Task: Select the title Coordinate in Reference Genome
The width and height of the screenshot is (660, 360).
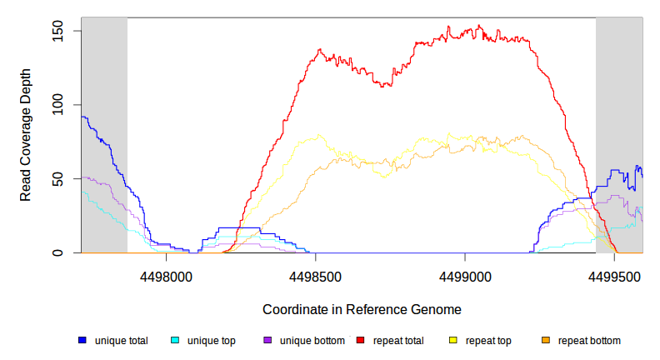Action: pyautogui.click(x=362, y=309)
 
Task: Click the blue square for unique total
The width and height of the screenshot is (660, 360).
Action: pyautogui.click(x=82, y=341)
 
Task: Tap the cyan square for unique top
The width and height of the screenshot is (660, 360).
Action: pyautogui.click(x=175, y=341)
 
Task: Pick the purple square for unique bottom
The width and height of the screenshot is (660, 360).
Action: pyautogui.click(x=267, y=341)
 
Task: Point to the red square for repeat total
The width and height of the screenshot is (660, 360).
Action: pyautogui.click(x=361, y=341)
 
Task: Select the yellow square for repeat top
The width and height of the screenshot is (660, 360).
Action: pyautogui.click(x=453, y=341)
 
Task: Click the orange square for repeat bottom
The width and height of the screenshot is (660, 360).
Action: pyautogui.click(x=546, y=341)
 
